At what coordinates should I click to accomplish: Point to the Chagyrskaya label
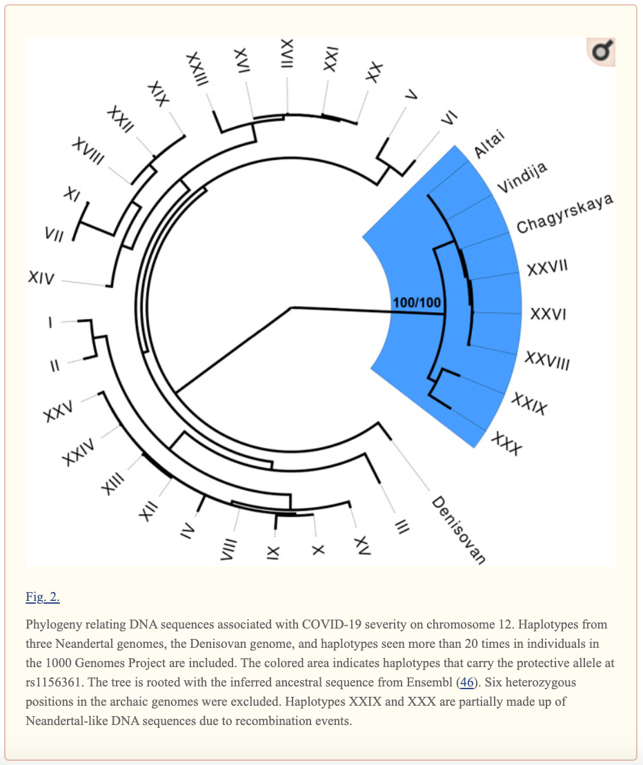(x=564, y=214)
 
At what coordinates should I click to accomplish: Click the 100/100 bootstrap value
(x=417, y=303)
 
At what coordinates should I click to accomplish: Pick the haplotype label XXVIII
(x=547, y=360)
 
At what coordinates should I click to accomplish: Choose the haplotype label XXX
(x=506, y=443)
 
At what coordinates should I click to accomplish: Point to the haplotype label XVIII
(x=88, y=152)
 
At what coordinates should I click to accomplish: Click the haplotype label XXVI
(x=548, y=314)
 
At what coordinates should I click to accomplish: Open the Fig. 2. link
(x=43, y=597)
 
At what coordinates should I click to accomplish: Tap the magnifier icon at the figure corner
(x=601, y=52)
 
